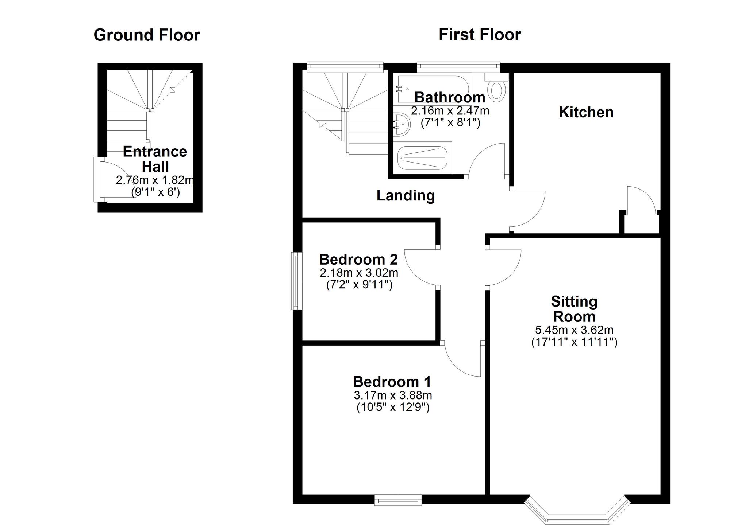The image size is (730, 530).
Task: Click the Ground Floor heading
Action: click(147, 35)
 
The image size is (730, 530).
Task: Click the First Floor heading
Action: click(480, 35)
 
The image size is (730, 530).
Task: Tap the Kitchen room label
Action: click(586, 112)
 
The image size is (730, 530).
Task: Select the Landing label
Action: click(406, 196)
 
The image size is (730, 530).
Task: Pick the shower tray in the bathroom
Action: click(422, 158)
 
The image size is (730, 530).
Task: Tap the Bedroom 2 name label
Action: click(358, 260)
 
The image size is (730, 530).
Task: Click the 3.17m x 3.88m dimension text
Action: click(393, 395)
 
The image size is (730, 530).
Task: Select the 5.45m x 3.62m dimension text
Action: click(574, 330)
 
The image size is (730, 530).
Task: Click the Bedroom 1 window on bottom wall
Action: click(398, 500)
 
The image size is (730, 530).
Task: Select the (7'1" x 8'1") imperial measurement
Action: click(450, 123)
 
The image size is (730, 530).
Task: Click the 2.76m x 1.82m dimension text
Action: click(155, 180)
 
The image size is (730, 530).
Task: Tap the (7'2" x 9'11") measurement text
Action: click(359, 285)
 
